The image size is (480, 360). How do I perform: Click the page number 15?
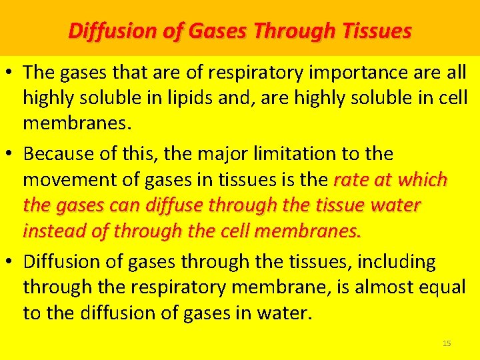pyautogui.click(x=447, y=343)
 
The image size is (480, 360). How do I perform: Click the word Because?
pyautogui.click(x=59, y=154)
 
